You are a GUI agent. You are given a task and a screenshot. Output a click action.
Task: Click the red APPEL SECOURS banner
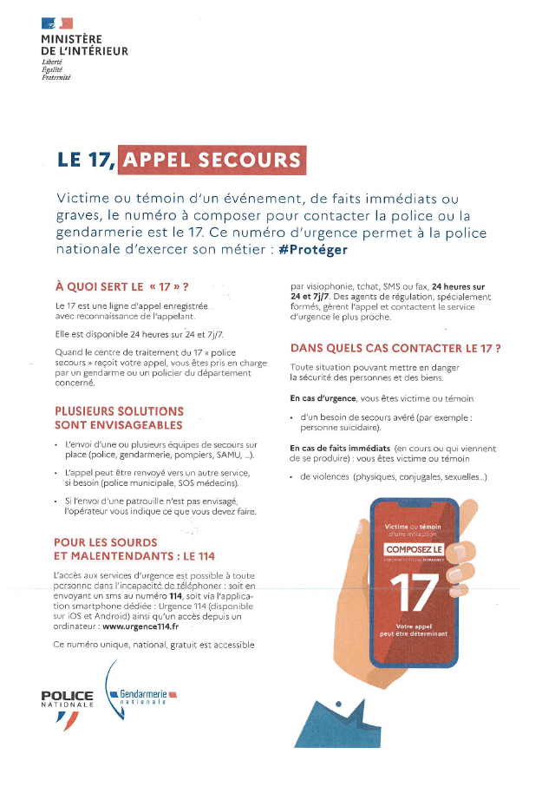[212, 160]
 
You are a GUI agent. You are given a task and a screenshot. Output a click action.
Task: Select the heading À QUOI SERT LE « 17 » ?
[121, 285]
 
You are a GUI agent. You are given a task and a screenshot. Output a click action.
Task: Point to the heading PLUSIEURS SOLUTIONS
[119, 410]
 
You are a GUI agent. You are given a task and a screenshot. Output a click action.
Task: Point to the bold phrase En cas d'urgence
[321, 398]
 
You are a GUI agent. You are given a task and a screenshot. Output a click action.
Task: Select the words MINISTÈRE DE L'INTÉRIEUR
[84, 45]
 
